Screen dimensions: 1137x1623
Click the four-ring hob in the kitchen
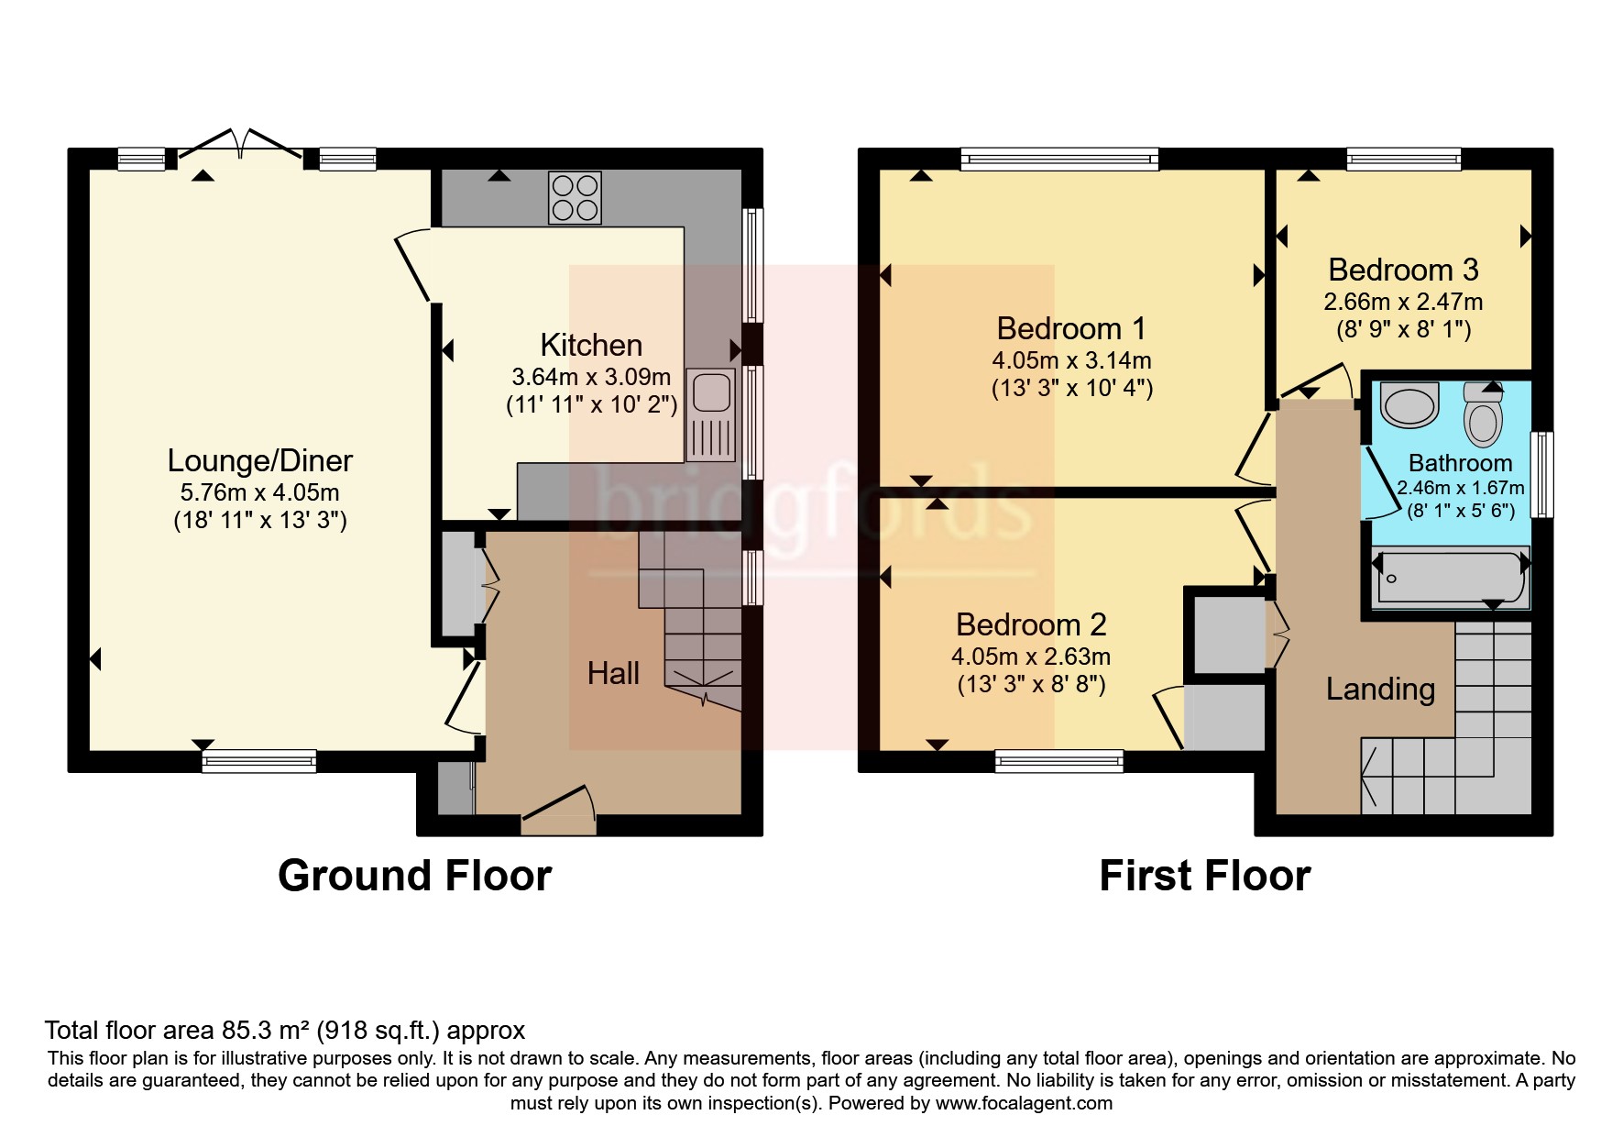pos(575,198)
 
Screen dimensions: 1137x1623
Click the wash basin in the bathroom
pos(1409,406)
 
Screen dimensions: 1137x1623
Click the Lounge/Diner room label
pos(259,460)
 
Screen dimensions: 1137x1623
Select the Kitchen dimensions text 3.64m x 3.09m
pos(591,376)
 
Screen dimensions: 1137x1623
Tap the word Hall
pos(613,673)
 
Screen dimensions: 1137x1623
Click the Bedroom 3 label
pos(1403,270)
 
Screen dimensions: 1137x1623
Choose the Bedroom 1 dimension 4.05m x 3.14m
pos(1071,360)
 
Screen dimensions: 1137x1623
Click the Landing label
pos(1380,689)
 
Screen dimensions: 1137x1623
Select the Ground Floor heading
pos(414,876)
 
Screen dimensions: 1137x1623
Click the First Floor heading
pos(1204,876)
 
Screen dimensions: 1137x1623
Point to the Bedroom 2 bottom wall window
pos(1058,760)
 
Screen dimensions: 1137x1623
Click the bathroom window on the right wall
pos(1543,474)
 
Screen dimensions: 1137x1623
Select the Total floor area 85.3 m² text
pos(285,1031)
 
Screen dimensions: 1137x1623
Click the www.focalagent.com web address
pos(1025,1103)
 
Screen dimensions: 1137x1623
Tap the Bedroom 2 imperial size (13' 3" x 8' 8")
pos(1031,684)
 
